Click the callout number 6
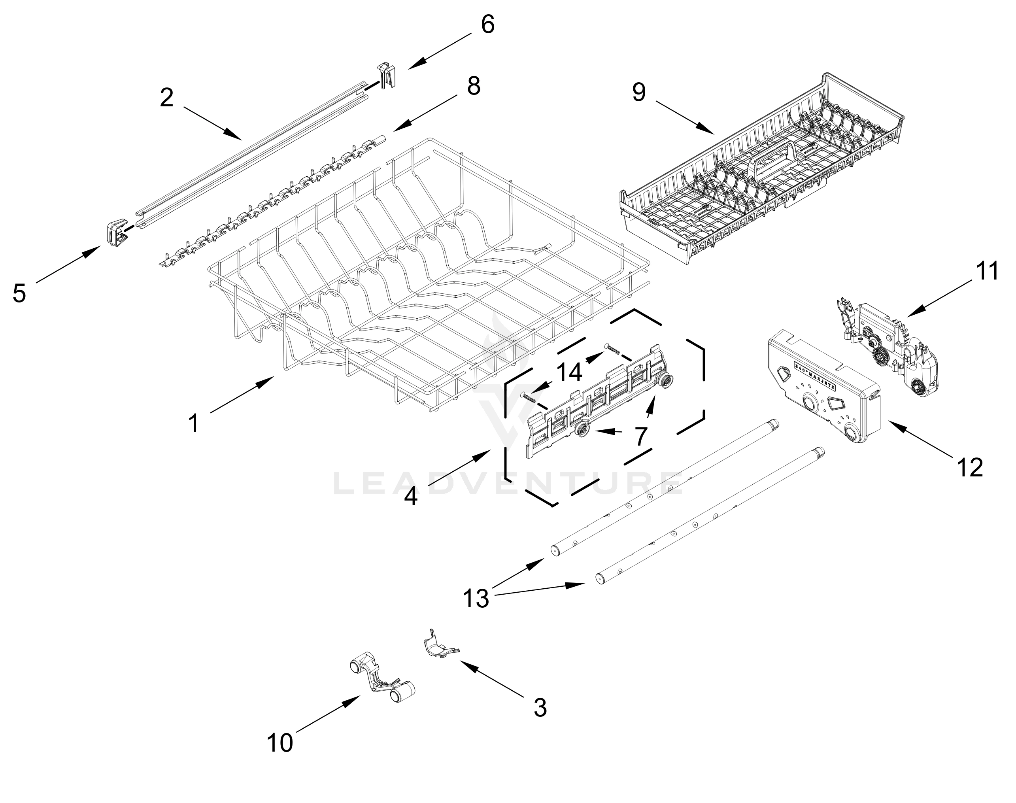click(487, 25)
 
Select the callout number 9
click(638, 92)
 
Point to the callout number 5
click(19, 293)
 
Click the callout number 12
click(969, 467)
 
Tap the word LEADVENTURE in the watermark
click(508, 484)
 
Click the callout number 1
click(194, 423)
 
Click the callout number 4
click(411, 497)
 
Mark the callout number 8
click(474, 86)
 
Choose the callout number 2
click(167, 98)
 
